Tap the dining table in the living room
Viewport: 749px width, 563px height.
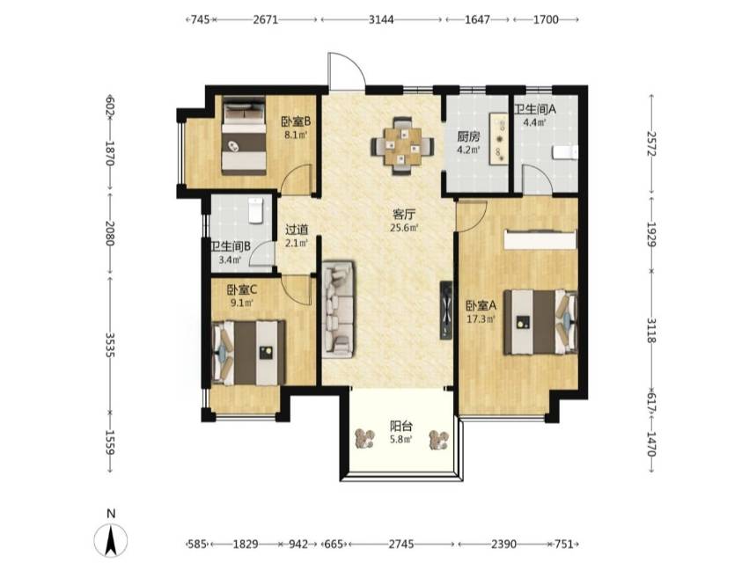[402, 146]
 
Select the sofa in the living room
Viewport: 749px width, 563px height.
[338, 309]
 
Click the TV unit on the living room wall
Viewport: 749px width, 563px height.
[445, 310]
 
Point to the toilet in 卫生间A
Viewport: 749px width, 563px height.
[565, 153]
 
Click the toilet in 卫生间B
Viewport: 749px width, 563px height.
[256, 210]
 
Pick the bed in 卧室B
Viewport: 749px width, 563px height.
[244, 135]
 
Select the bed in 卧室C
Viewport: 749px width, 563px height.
[248, 353]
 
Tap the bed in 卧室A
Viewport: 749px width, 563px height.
[540, 322]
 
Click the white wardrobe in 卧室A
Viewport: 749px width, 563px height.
[540, 239]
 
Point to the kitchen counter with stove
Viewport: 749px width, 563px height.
[498, 139]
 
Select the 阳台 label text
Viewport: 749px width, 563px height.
[401, 426]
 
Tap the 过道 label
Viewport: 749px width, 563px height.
[297, 230]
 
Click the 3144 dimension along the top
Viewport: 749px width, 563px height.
[381, 19]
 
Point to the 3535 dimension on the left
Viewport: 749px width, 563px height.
[110, 345]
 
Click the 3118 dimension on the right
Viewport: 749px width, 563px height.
[651, 331]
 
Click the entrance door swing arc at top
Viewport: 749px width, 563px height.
[356, 63]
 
